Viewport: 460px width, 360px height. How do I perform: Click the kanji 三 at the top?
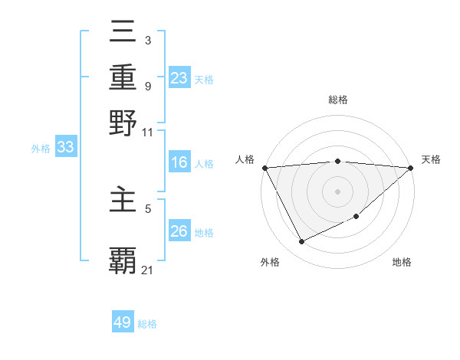(123, 31)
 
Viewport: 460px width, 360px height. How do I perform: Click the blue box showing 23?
(179, 77)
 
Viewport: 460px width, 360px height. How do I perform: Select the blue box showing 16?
(179, 162)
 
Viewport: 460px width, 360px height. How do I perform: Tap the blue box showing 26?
(179, 231)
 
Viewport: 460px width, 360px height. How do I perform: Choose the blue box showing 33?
(65, 147)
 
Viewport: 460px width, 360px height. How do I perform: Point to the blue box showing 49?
(123, 322)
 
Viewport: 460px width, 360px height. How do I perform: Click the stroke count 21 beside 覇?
(148, 270)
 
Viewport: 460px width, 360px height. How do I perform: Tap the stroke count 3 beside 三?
(148, 40)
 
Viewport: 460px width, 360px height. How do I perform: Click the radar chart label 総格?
(338, 100)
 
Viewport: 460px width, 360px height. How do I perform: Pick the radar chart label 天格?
(431, 159)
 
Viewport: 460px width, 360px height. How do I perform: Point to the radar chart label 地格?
(402, 263)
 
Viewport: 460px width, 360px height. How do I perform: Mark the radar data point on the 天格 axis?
(411, 168)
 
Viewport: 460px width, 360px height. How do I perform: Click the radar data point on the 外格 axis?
(301, 242)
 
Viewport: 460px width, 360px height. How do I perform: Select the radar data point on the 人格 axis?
(264, 168)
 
